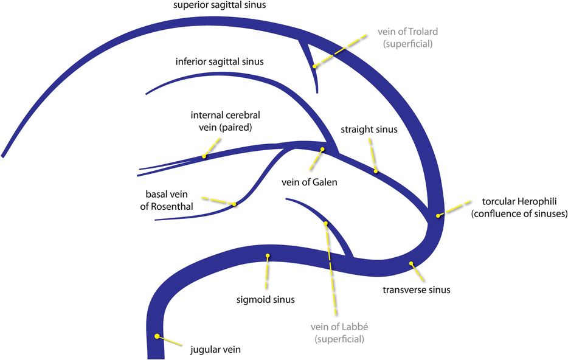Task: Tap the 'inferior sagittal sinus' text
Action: click(220, 61)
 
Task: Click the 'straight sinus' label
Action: click(369, 129)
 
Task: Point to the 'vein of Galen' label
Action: click(309, 182)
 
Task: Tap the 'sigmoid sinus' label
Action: click(265, 299)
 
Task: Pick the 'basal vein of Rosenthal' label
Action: click(169, 200)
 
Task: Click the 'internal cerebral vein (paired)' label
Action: click(221, 121)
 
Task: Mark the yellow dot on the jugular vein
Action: click(158, 336)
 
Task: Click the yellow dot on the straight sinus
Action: click(376, 171)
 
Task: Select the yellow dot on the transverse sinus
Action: click(412, 263)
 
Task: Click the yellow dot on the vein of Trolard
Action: click(314, 66)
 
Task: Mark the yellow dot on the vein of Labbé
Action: click(327, 224)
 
